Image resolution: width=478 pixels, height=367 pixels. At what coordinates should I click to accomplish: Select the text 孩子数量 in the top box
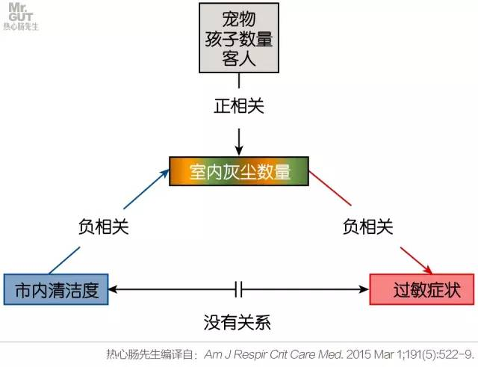tap(239, 38)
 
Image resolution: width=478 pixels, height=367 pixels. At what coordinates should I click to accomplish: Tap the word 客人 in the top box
tap(239, 58)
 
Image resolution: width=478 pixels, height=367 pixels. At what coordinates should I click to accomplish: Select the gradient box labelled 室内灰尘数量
tap(239, 171)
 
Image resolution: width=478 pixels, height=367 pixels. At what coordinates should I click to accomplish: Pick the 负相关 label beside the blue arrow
tap(104, 226)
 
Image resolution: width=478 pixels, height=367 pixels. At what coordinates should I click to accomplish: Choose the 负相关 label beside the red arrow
tap(367, 225)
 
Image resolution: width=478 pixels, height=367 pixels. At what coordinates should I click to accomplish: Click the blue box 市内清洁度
tap(56, 289)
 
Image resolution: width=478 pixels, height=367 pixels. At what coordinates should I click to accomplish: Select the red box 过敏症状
tap(421, 289)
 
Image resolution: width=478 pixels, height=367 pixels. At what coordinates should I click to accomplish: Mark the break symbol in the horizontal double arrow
tap(239, 289)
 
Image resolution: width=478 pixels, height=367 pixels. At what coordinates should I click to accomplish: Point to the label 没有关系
tap(238, 324)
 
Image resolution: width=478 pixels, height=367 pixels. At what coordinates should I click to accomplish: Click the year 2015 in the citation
tap(348, 354)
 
